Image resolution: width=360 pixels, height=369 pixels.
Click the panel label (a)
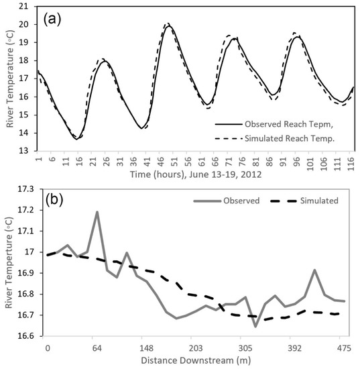[x=55, y=17]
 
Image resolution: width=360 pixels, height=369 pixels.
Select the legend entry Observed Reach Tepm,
[x=290, y=125]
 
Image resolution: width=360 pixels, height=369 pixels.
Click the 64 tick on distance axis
[x=97, y=348]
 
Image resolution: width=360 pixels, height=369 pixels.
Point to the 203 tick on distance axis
[x=196, y=348]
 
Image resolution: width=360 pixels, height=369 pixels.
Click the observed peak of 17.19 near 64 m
[x=97, y=212]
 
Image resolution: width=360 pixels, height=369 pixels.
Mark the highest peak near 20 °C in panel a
[x=168, y=25]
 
